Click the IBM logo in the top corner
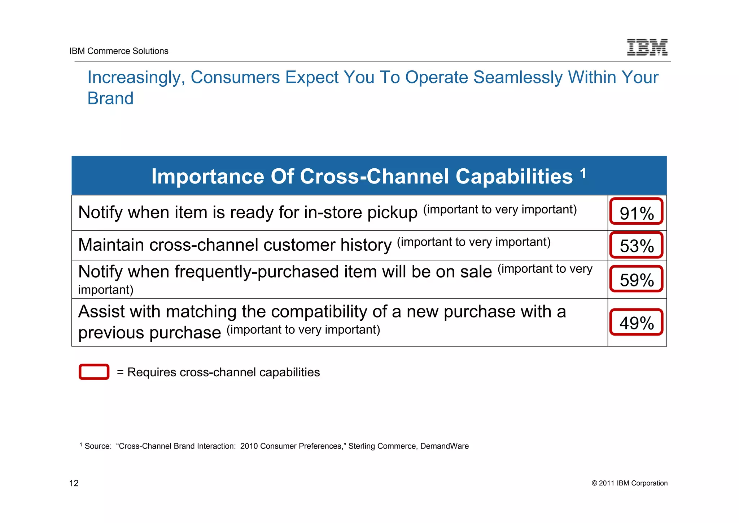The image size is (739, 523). [647, 47]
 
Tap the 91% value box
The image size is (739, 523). [637, 212]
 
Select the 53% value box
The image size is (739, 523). [637, 245]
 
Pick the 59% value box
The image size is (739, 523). [637, 279]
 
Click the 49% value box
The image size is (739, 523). [637, 322]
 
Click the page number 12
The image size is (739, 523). [74, 483]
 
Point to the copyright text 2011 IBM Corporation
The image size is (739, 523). [629, 483]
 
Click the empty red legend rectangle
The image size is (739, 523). [94, 372]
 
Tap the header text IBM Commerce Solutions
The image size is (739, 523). [119, 51]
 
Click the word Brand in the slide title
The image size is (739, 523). [110, 98]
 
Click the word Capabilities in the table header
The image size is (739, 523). [514, 177]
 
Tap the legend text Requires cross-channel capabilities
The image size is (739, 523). [223, 372]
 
